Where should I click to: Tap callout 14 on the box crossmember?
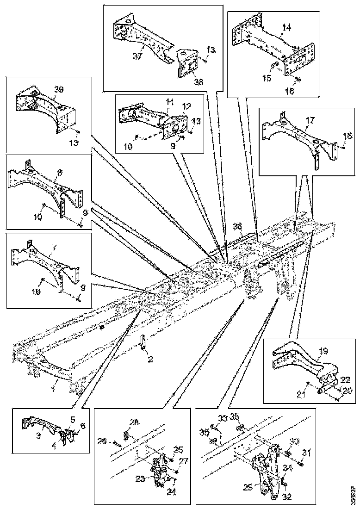(287, 28)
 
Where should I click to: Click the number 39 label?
(58, 90)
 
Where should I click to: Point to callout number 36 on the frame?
(237, 226)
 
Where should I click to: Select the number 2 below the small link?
(150, 358)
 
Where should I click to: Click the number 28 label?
(134, 422)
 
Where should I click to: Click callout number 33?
(223, 419)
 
